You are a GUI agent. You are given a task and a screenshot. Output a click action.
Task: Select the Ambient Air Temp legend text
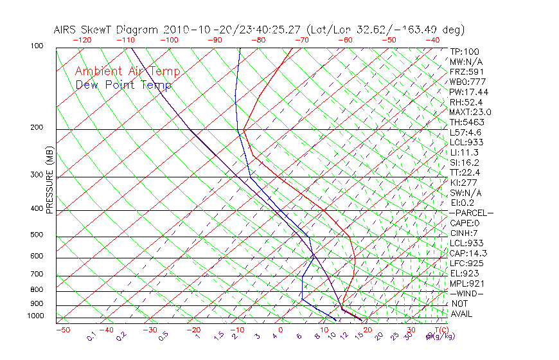(127, 71)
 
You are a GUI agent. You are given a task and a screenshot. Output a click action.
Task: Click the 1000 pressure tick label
(35, 316)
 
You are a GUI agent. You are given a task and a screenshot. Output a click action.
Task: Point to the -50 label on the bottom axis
(62, 330)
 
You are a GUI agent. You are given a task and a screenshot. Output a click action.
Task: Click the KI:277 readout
(463, 183)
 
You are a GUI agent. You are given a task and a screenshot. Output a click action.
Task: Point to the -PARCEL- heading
(471, 213)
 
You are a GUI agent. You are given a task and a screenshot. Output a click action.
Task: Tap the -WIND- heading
(467, 293)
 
